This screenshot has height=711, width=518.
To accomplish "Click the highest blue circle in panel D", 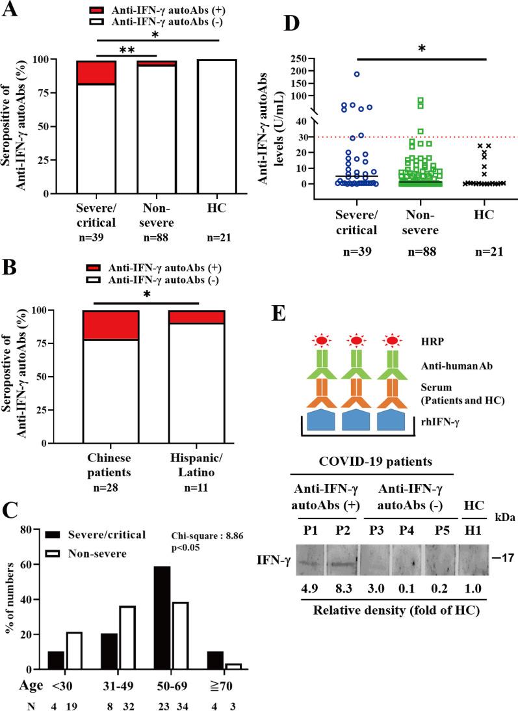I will pos(357,74).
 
